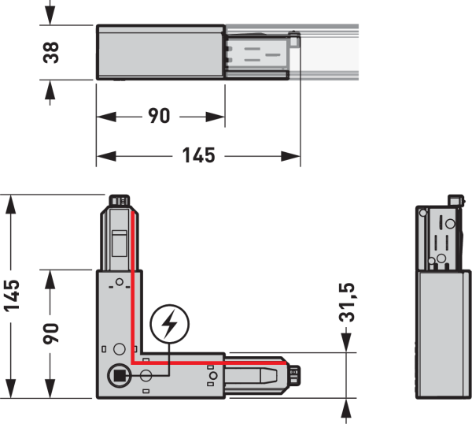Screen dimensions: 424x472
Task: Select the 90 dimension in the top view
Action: tap(159, 116)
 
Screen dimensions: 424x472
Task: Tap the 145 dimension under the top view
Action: tap(198, 155)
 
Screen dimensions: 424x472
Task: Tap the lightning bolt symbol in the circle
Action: tap(168, 323)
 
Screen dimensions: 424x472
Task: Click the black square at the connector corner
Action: tap(118, 375)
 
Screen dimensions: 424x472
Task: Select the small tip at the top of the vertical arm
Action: tap(120, 200)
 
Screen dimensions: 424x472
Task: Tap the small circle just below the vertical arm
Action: tap(120, 282)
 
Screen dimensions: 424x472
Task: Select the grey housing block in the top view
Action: tap(160, 52)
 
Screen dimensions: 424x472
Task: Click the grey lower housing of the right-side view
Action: tap(442, 331)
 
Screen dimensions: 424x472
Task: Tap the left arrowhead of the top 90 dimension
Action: tap(103, 116)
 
